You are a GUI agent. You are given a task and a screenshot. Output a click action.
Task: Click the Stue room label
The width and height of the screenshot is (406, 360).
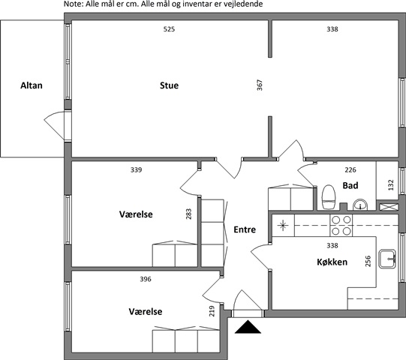(x=169, y=85)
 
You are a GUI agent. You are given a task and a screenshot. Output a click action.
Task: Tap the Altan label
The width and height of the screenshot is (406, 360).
(x=32, y=85)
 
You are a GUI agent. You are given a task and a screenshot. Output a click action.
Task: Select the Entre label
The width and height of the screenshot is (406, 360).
(x=245, y=229)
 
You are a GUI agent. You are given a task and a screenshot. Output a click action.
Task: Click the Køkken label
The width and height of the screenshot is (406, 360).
(x=332, y=262)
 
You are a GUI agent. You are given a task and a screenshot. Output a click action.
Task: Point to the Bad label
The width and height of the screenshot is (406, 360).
(x=350, y=185)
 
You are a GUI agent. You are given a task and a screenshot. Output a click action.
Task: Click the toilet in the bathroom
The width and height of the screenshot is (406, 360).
(x=329, y=197)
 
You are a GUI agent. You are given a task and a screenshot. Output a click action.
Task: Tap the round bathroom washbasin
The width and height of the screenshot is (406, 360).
(x=360, y=205)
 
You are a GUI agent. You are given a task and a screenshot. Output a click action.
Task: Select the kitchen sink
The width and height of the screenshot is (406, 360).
(x=387, y=259)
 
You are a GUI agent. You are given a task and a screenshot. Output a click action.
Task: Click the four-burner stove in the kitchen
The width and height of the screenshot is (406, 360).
(x=341, y=225)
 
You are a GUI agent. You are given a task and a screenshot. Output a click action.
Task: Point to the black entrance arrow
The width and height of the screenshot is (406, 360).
(x=248, y=326)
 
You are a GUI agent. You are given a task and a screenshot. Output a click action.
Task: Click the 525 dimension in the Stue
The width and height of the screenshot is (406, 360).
(x=169, y=29)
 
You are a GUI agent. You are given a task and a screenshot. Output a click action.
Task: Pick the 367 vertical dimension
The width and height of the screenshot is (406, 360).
(x=260, y=85)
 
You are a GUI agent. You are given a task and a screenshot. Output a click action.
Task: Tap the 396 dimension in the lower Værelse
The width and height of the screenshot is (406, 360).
(x=146, y=279)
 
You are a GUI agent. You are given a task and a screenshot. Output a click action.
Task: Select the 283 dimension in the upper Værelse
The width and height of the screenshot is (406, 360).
(x=188, y=214)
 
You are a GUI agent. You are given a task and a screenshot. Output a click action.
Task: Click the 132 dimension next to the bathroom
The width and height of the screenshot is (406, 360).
(x=391, y=184)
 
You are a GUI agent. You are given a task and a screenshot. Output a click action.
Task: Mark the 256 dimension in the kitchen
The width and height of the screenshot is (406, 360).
(x=368, y=261)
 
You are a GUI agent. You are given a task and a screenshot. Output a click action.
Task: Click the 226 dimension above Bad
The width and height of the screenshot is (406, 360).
(x=350, y=169)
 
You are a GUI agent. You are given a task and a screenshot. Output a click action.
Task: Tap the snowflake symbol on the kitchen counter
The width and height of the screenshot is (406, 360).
(x=283, y=225)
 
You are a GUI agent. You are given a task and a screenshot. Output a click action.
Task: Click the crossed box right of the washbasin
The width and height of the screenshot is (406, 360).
(x=389, y=207)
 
